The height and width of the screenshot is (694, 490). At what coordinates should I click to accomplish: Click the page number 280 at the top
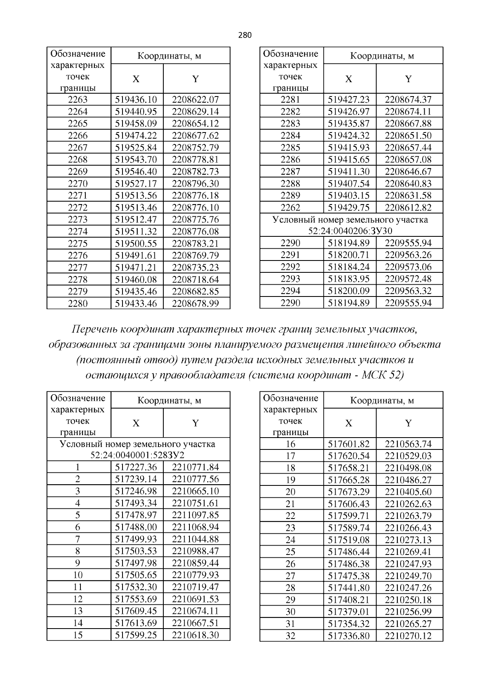pos(245,35)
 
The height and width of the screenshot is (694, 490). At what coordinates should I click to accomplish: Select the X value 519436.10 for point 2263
pos(136,99)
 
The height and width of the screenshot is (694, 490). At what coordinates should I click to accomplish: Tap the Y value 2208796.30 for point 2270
pos(196,184)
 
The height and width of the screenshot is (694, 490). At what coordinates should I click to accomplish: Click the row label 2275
pos(78,244)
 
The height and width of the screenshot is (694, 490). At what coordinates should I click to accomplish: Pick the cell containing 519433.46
pos(136,303)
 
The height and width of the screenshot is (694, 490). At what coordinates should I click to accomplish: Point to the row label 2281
pos(290,99)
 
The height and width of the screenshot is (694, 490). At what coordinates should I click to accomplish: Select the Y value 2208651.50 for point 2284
pos(408,135)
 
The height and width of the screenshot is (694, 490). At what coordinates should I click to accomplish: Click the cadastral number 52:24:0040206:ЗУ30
pos(350,231)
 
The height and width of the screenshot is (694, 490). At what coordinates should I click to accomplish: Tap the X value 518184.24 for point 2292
pos(349,267)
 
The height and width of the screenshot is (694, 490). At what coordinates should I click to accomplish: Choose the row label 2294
pos(290,291)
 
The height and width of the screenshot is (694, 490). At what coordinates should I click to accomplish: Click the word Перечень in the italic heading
pos(95,329)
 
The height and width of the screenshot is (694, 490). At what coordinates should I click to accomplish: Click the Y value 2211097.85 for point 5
pos(196,515)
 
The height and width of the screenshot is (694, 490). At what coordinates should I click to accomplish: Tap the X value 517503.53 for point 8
pos(136,551)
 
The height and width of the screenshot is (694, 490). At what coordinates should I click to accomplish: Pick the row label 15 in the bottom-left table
pos(78,635)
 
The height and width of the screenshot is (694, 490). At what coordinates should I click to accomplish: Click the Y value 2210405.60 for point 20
pos(408,492)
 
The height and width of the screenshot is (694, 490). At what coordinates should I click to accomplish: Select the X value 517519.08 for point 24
pos(349,540)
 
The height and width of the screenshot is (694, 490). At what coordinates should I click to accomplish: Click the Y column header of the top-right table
pos(408,79)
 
